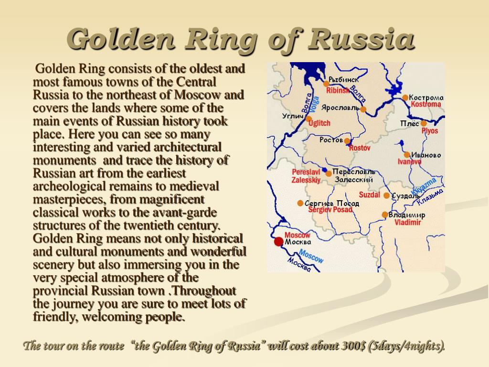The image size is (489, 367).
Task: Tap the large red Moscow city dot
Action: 279,241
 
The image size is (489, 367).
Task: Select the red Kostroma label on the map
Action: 425,104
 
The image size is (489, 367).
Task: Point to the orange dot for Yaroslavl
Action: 363,109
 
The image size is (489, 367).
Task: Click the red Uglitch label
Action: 319,123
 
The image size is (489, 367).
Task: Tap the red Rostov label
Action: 360,148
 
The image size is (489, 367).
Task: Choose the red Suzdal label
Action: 370,195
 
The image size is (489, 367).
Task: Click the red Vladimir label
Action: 408,222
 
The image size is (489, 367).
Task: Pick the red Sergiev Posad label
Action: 330,210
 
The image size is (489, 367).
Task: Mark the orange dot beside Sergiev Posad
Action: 300,203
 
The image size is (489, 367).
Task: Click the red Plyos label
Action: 430,131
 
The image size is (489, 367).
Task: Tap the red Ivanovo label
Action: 409,162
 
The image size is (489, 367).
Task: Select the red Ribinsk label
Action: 338,90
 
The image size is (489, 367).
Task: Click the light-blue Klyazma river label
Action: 424,186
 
